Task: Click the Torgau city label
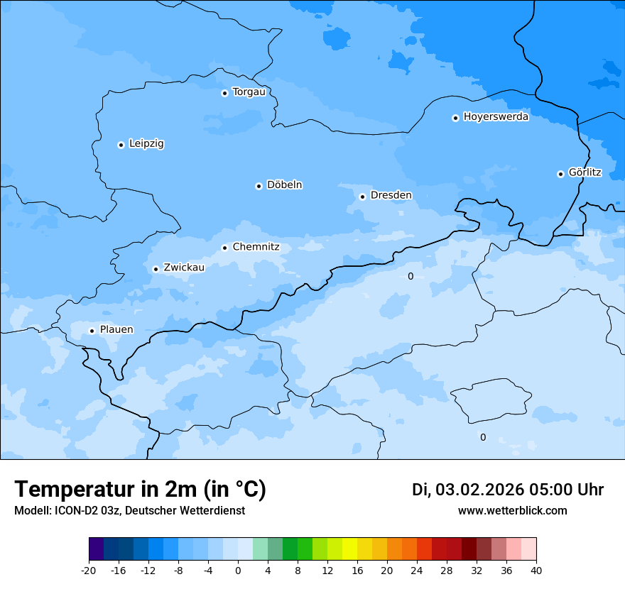(249, 92)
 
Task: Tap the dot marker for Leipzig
(121, 145)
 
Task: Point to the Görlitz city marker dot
(560, 174)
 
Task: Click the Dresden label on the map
(391, 195)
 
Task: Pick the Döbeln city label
(284, 185)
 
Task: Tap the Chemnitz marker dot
(224, 248)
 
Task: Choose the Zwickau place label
(184, 268)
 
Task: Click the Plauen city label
(116, 330)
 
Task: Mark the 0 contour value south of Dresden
(410, 276)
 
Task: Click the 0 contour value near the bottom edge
(483, 437)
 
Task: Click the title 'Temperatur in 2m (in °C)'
(140, 490)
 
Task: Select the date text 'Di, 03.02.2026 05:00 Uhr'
(508, 490)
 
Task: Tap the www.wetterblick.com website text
(512, 510)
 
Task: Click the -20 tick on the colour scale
(89, 571)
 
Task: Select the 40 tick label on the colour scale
(536, 571)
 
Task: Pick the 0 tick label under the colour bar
(238, 571)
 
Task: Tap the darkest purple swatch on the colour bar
(96, 549)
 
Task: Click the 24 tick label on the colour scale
(417, 571)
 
